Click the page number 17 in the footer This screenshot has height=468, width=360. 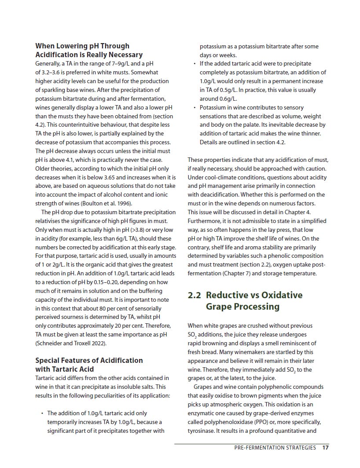point(326,448)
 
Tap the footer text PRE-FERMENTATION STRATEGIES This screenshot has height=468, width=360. point(275,448)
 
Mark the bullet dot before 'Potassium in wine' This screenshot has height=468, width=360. point(195,107)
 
